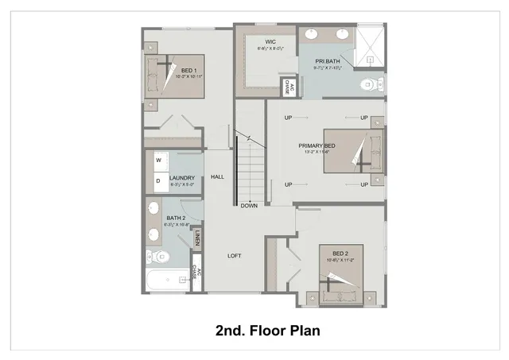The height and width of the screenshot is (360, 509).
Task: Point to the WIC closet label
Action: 260,41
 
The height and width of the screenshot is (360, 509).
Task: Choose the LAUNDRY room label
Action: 182,178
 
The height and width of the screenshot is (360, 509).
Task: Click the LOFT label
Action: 235,255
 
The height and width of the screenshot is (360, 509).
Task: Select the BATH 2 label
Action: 176,218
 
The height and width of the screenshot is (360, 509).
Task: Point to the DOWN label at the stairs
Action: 249,205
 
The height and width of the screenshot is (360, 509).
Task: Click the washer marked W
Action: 158,161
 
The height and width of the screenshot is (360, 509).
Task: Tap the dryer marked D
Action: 158,180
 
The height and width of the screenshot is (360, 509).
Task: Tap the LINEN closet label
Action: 196,237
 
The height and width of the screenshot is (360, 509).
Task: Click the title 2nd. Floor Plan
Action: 267,330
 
